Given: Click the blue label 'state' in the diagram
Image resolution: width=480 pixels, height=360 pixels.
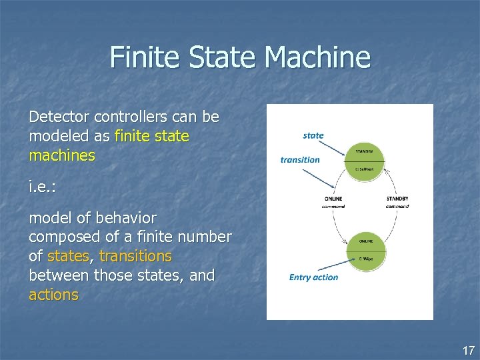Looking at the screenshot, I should [x=313, y=135].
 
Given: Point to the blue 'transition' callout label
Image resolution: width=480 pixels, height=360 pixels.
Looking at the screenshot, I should [x=300, y=159].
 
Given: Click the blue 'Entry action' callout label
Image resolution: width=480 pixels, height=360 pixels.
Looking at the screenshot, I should [x=313, y=277].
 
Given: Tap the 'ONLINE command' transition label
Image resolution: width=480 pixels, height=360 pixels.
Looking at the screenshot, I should [x=333, y=202].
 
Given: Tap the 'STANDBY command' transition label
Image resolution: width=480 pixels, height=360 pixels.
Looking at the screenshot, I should [x=397, y=202].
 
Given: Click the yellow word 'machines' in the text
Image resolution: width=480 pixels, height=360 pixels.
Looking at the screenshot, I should [x=62, y=156].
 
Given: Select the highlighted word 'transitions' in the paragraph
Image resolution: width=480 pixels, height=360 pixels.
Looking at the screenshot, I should [x=135, y=256].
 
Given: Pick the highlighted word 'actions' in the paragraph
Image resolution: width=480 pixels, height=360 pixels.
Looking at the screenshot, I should [x=53, y=295].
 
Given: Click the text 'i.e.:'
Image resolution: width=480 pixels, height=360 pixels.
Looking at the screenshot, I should [x=42, y=187].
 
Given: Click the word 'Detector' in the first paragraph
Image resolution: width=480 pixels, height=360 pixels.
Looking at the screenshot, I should [x=59, y=117].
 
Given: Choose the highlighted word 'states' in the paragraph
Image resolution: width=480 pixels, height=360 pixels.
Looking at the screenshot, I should [x=67, y=256].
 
